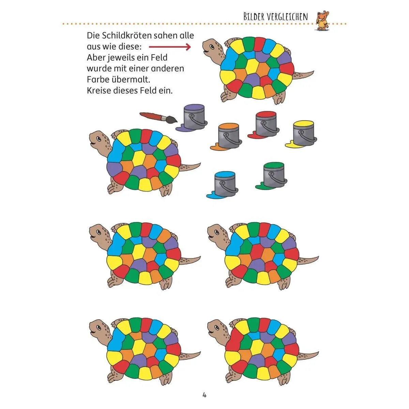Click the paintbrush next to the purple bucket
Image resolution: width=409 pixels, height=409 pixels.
[x=158, y=118]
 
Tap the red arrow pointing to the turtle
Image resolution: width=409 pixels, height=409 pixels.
[x=170, y=47]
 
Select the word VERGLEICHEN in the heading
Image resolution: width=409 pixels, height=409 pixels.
[x=287, y=17]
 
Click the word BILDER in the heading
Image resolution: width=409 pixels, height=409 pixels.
[x=254, y=17]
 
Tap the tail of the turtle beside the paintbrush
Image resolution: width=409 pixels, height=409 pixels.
[x=190, y=167]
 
